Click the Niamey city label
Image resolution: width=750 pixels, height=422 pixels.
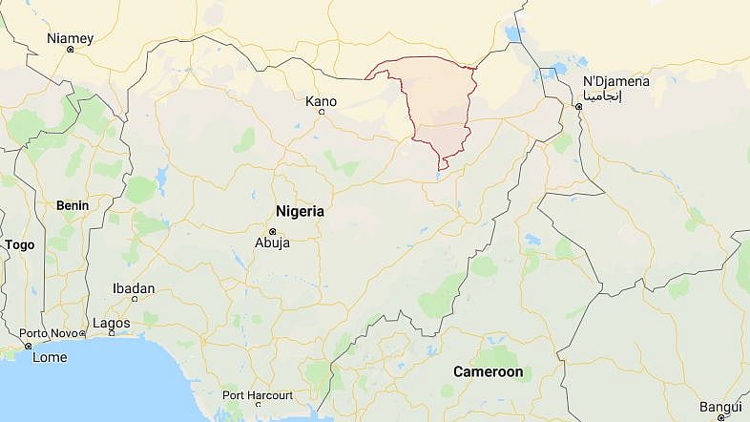(x=71, y=38)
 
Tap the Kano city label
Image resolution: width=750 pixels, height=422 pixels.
(x=321, y=101)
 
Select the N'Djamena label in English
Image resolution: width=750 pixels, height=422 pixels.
(x=615, y=81)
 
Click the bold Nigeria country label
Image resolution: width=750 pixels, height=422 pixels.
(x=300, y=211)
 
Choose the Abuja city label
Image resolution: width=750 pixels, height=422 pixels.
(x=271, y=243)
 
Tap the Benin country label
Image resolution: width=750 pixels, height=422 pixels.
(x=73, y=205)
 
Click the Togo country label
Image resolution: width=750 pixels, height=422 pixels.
(x=19, y=245)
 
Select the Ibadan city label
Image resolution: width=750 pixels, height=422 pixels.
(x=133, y=288)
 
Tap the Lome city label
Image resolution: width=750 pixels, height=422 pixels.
(x=50, y=357)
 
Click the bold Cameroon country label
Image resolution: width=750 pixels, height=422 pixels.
(x=488, y=371)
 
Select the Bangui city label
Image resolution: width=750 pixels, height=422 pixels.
(x=720, y=406)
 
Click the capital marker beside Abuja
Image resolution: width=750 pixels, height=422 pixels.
(x=272, y=231)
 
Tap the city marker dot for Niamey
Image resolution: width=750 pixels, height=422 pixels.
(x=70, y=50)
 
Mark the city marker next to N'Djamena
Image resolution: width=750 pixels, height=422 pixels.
(x=578, y=107)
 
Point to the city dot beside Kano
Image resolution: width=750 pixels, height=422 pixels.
(x=321, y=113)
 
